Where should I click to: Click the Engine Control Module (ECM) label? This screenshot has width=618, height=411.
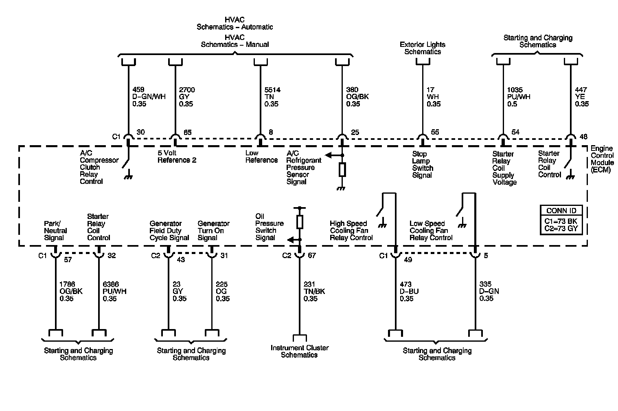[601, 159]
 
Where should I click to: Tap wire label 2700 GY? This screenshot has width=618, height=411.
[187, 97]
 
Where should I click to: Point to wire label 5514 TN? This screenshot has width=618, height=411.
[272, 97]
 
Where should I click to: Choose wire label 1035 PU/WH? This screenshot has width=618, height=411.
[518, 97]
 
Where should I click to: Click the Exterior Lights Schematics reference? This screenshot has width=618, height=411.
[422, 48]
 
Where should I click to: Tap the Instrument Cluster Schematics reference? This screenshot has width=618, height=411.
[299, 351]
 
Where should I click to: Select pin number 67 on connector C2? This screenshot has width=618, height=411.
[312, 256]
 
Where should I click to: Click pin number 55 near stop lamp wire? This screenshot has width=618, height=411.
[435, 132]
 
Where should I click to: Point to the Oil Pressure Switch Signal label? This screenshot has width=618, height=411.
[269, 227]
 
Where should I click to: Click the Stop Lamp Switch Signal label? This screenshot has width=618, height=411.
[422, 165]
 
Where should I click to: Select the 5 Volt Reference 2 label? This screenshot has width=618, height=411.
[177, 157]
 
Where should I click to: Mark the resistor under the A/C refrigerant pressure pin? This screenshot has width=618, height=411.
[342, 170]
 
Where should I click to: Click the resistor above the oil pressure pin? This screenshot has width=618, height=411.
[300, 221]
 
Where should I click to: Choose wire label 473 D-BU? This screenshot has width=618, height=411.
[409, 292]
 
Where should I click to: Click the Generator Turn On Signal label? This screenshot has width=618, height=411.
[213, 230]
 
